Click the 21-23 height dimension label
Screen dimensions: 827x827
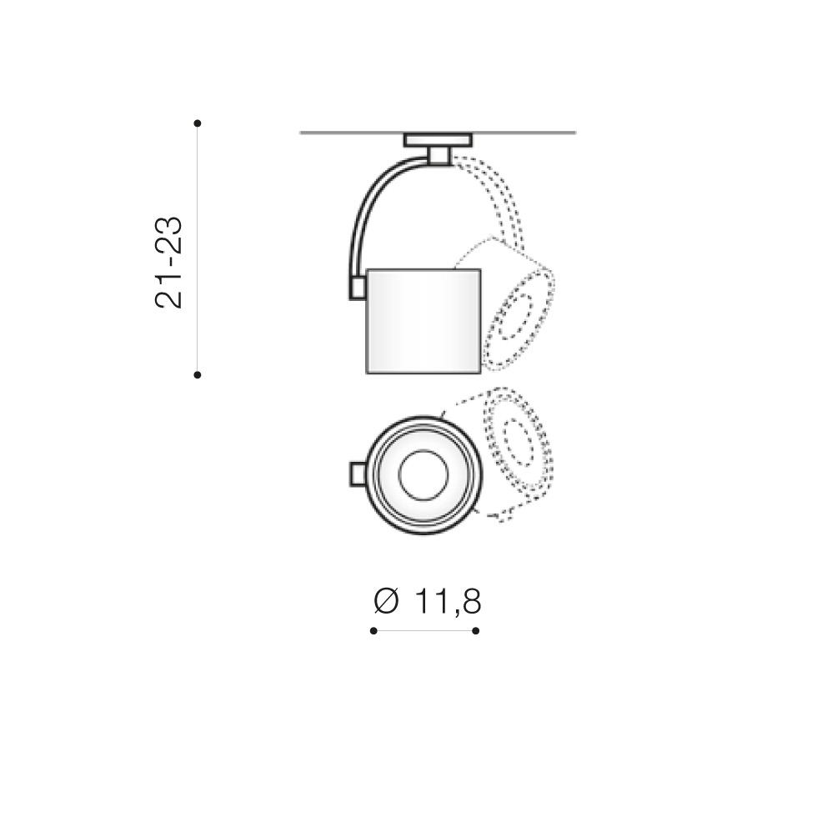coord(168,262)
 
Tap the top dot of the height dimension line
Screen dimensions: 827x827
coord(198,123)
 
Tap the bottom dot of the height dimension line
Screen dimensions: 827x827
coord(198,375)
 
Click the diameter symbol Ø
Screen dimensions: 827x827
coord(386,601)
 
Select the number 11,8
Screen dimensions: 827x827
coord(448,602)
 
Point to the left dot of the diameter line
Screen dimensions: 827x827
coord(373,631)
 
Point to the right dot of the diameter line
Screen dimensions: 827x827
coord(476,631)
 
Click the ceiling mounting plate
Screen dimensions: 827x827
coord(438,140)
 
